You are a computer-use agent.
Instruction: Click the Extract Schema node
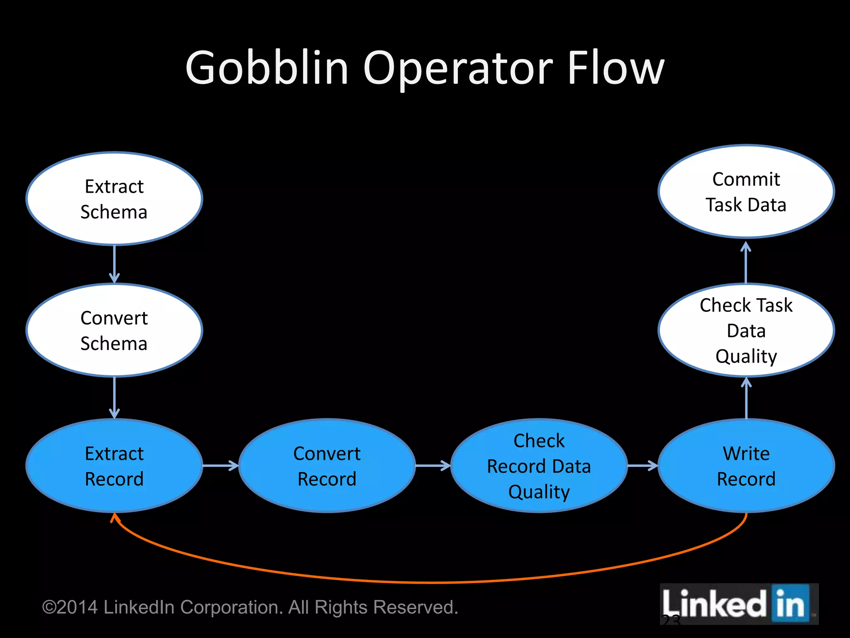[114, 199]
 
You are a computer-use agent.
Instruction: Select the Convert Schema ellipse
[114, 330]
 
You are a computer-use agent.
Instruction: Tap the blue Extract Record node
[114, 466]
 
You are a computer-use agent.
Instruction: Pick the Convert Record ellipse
[327, 466]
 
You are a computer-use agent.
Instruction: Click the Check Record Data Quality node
[539, 466]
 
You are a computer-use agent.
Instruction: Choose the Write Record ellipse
[746, 466]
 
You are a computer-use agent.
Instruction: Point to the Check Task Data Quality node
[746, 330]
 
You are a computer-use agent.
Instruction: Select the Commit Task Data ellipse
[746, 191]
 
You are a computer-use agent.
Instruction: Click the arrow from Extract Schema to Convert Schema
[114, 264]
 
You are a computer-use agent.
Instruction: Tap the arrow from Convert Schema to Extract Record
[114, 398]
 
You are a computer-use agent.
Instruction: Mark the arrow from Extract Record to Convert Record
[220, 466]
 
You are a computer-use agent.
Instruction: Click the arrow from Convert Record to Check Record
[433, 466]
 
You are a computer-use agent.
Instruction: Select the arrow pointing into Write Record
[642, 466]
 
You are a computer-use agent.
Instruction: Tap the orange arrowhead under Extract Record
[115, 518]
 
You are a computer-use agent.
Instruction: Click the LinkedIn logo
[739, 604]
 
